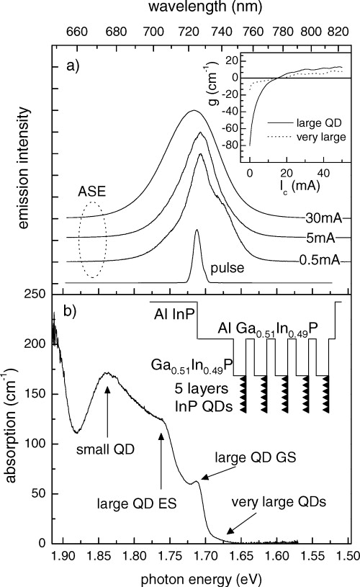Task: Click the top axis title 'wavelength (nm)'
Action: click(205, 8)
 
